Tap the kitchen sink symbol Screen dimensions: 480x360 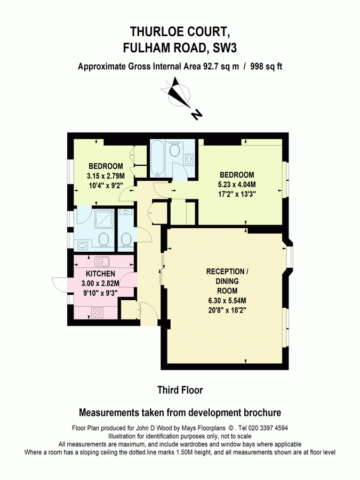coord(101,261)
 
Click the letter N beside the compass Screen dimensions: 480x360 coord(197,114)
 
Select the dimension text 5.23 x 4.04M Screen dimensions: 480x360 coord(237,185)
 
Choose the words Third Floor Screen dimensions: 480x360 coord(180,390)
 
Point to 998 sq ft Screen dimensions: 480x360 coord(267,67)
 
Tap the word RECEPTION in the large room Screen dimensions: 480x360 coord(227,271)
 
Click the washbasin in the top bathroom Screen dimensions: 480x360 coord(190,158)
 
